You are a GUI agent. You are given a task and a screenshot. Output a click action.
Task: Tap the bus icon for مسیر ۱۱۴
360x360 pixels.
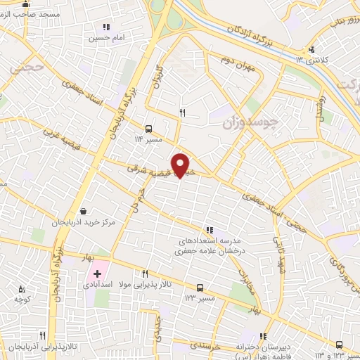point(148,129)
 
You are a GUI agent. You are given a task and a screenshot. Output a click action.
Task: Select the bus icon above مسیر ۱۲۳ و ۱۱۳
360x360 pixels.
point(340,345)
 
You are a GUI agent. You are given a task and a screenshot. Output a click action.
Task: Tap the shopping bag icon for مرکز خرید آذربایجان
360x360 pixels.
point(84,211)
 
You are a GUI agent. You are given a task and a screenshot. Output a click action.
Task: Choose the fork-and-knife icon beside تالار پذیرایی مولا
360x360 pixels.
point(145,274)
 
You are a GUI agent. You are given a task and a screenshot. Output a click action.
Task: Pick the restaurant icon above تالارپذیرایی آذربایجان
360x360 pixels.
point(42,335)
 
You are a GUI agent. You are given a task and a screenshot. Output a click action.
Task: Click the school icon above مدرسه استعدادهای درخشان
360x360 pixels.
point(209,229)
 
